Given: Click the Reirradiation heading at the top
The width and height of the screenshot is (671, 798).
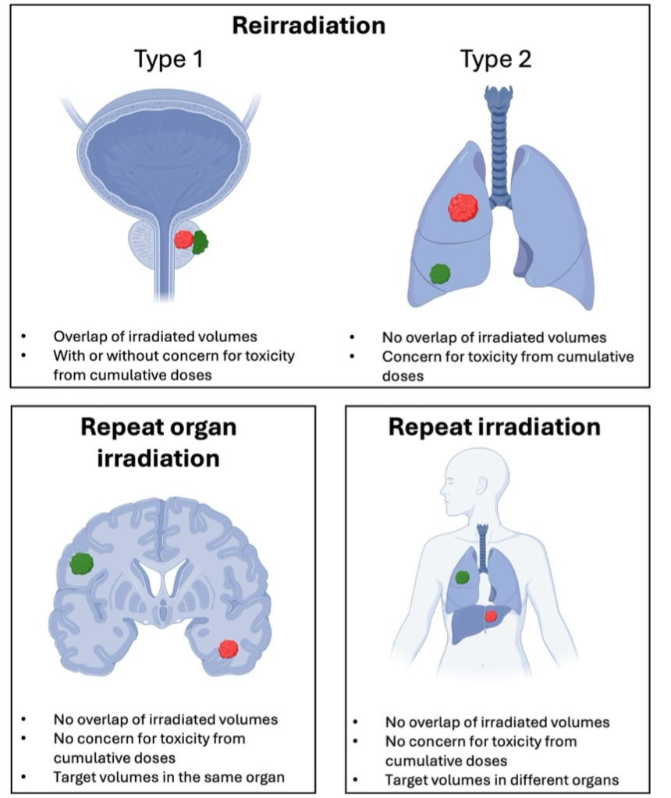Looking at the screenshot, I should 309,25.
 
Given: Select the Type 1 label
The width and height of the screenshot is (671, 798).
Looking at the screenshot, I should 169,60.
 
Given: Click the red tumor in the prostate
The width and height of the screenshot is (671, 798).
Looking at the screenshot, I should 184,239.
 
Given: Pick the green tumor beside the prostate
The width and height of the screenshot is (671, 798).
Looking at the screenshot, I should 200,242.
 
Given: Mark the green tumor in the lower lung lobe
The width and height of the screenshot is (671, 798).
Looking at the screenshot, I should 440,274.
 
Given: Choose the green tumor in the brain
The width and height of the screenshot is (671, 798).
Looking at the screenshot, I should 81,563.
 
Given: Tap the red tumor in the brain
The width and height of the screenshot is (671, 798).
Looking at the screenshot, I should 228,648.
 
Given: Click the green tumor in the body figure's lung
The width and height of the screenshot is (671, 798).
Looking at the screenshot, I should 462,577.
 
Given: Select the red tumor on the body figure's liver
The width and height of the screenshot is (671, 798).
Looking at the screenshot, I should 491,616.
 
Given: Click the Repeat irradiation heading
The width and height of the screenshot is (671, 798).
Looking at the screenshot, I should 495,428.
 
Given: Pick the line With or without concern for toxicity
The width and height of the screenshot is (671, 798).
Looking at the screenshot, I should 175,355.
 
